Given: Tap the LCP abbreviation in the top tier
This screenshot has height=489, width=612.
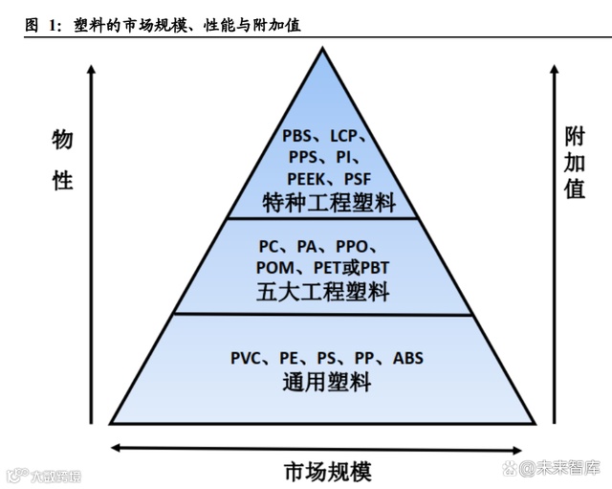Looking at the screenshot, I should click(349, 136).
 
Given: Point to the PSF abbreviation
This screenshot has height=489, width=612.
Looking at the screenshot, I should click(358, 178).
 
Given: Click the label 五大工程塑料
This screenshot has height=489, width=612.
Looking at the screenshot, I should click(322, 291).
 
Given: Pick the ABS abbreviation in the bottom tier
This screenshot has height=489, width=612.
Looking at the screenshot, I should click(407, 359).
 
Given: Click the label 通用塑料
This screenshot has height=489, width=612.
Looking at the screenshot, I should click(326, 383).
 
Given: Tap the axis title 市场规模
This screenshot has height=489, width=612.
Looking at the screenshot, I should click(327, 471).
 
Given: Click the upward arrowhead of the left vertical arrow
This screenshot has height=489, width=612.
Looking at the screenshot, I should click(92, 69).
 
